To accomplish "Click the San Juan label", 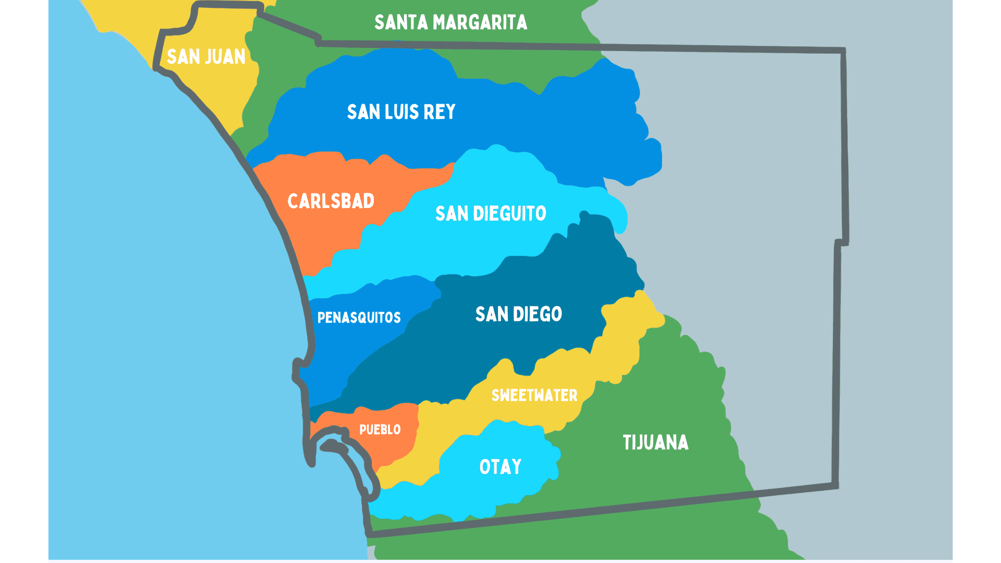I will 206,56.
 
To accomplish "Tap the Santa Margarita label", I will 450,22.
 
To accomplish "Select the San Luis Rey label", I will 401,112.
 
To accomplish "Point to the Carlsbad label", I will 331,201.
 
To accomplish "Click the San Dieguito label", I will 491,214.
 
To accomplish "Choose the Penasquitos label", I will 359,317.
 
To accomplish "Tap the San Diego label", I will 518,314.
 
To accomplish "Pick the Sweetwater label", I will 534,395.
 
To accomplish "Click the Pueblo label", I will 380,430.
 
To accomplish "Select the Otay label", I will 500,467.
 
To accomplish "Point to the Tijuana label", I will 655,443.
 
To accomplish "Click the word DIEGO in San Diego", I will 538,314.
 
